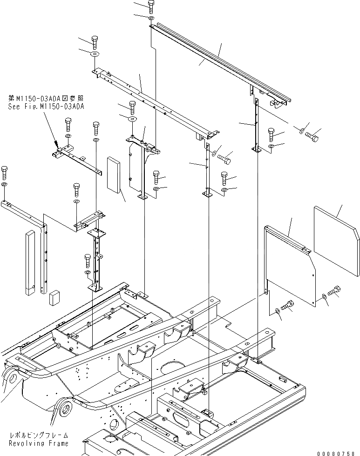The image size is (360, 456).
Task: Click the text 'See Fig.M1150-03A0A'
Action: (46, 107)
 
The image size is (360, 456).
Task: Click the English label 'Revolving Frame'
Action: (39, 443)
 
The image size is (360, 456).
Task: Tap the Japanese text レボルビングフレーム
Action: (39, 436)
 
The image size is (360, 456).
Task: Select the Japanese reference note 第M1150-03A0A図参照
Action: (46, 99)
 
